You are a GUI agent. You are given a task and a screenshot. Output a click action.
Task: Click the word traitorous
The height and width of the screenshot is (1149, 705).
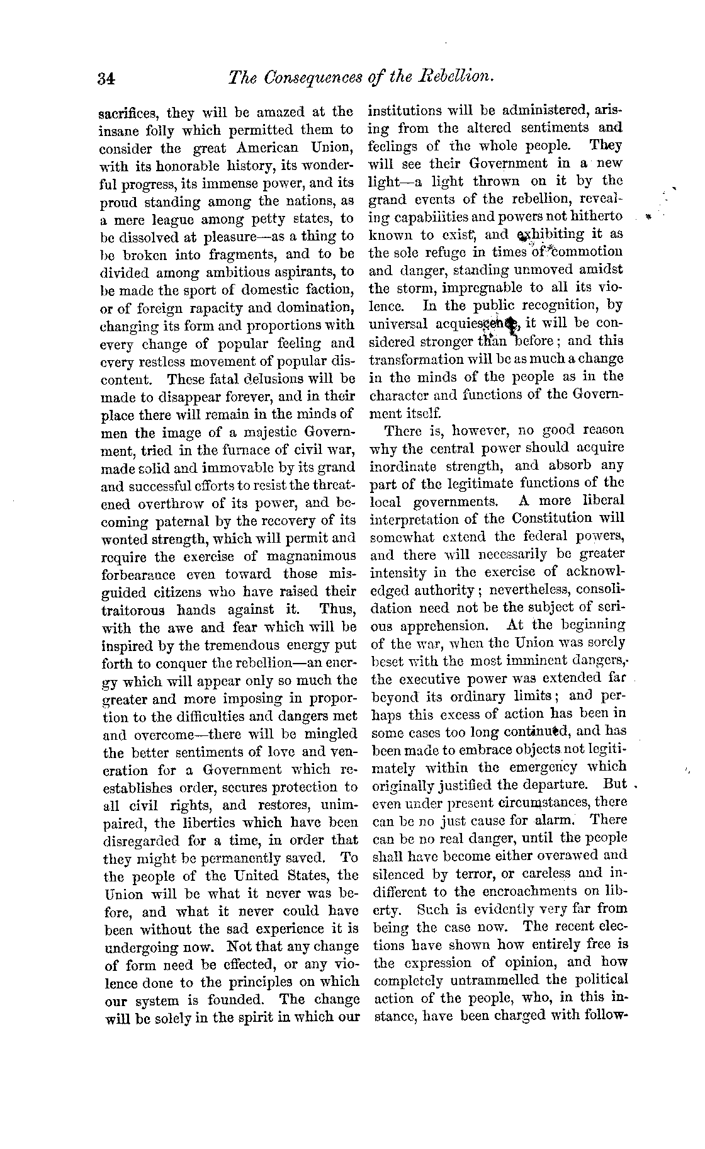[133, 610]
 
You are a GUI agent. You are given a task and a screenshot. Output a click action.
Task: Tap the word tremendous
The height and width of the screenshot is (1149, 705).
[220, 645]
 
